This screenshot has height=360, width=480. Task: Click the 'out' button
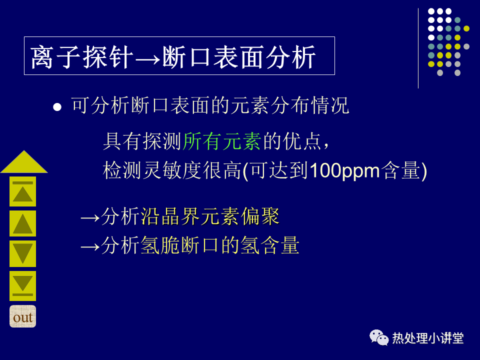[x=22, y=316]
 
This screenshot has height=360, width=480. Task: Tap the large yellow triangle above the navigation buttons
[x=24, y=162]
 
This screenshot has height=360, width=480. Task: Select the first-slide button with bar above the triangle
[x=22, y=191]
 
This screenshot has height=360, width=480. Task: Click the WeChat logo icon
[x=379, y=337]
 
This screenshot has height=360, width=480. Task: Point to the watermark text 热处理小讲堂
[x=428, y=338]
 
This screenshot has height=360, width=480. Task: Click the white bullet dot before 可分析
[x=57, y=107]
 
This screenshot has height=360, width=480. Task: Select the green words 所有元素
[x=222, y=141]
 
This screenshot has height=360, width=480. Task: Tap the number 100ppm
[x=344, y=170]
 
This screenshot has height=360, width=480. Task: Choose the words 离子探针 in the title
[x=82, y=56]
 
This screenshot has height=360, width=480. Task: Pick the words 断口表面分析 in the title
[x=239, y=56]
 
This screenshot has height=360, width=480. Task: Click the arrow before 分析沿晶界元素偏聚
[x=90, y=218]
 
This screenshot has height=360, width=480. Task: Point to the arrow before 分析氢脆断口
[x=90, y=246]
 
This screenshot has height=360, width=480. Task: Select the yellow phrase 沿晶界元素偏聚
[x=210, y=216]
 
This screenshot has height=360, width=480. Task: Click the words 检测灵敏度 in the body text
[x=152, y=170]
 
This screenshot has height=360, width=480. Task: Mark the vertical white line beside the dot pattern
[x=418, y=48]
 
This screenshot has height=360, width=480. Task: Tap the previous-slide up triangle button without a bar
[x=22, y=223]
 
